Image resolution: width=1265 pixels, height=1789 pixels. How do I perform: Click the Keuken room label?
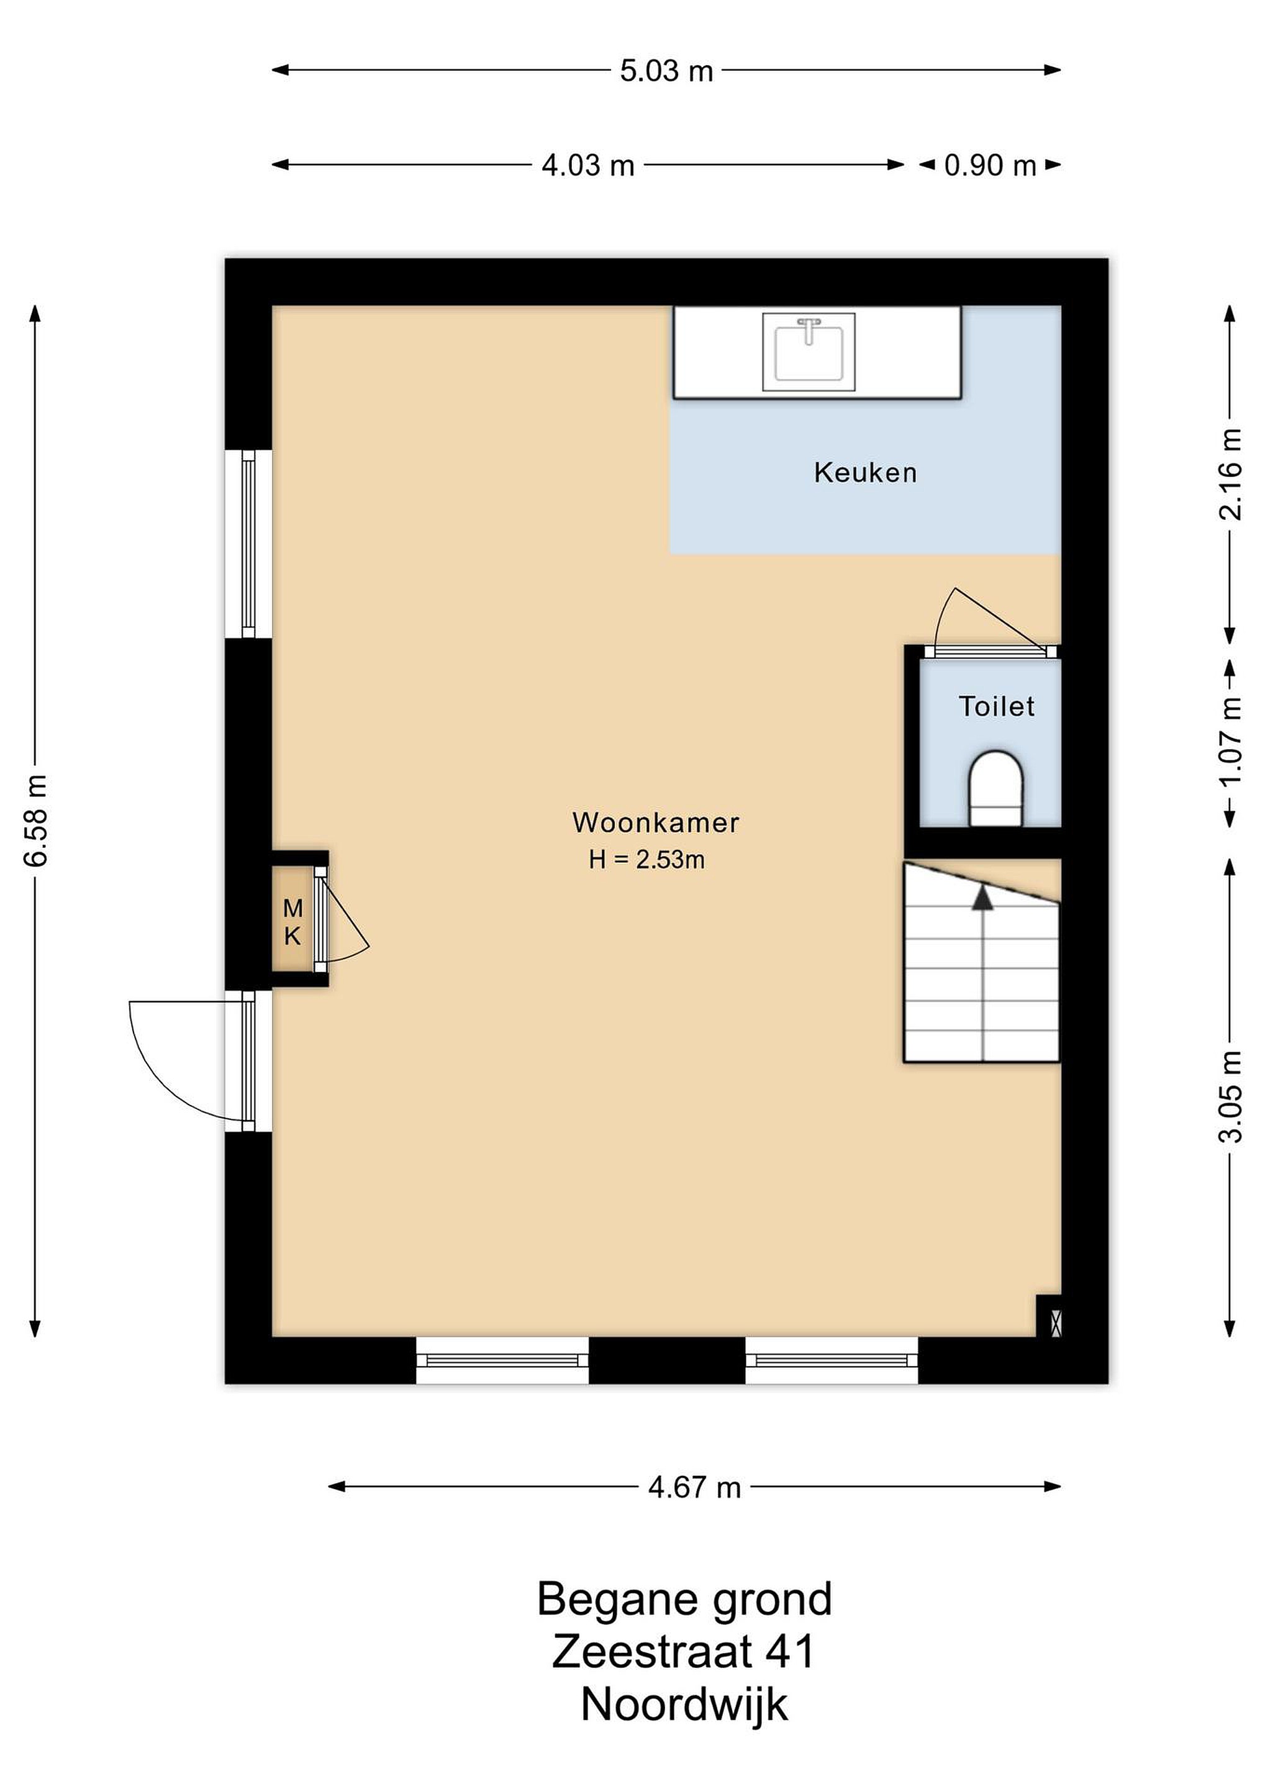point(866,473)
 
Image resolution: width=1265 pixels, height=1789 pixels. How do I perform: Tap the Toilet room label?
point(996,707)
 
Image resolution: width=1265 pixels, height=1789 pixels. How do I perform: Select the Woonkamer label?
point(656,823)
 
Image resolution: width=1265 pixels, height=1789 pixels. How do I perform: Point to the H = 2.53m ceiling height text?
point(646,860)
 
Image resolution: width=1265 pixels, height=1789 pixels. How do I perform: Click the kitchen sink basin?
point(809,352)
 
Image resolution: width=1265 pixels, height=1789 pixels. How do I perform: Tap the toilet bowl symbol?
point(995,788)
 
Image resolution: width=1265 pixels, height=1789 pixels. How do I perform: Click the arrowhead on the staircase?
point(983,898)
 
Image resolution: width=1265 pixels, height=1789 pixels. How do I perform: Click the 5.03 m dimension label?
point(667,71)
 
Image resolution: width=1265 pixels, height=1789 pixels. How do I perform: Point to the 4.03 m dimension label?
point(588,166)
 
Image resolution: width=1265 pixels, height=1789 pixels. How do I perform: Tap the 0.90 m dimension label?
point(990,166)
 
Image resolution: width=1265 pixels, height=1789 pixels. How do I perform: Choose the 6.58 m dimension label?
point(37,821)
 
